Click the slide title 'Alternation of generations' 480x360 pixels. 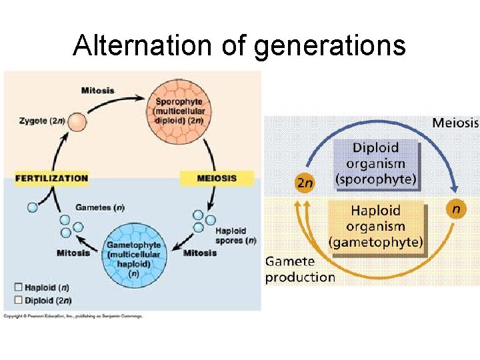239,45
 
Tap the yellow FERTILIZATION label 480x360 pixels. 51,178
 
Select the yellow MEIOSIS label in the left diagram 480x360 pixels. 217,178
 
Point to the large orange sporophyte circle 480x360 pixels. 180,111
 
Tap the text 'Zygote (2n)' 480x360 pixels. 42,121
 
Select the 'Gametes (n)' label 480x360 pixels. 99,207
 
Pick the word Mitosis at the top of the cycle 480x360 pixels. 97,90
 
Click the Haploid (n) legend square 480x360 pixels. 18,287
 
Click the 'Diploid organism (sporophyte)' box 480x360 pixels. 375,164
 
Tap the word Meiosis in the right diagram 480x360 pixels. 455,123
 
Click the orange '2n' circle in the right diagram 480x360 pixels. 304,183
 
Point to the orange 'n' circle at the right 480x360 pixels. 455,209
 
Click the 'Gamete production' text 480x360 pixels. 300,270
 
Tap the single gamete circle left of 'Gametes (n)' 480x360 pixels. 32,207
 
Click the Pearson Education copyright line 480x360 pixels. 73,315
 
